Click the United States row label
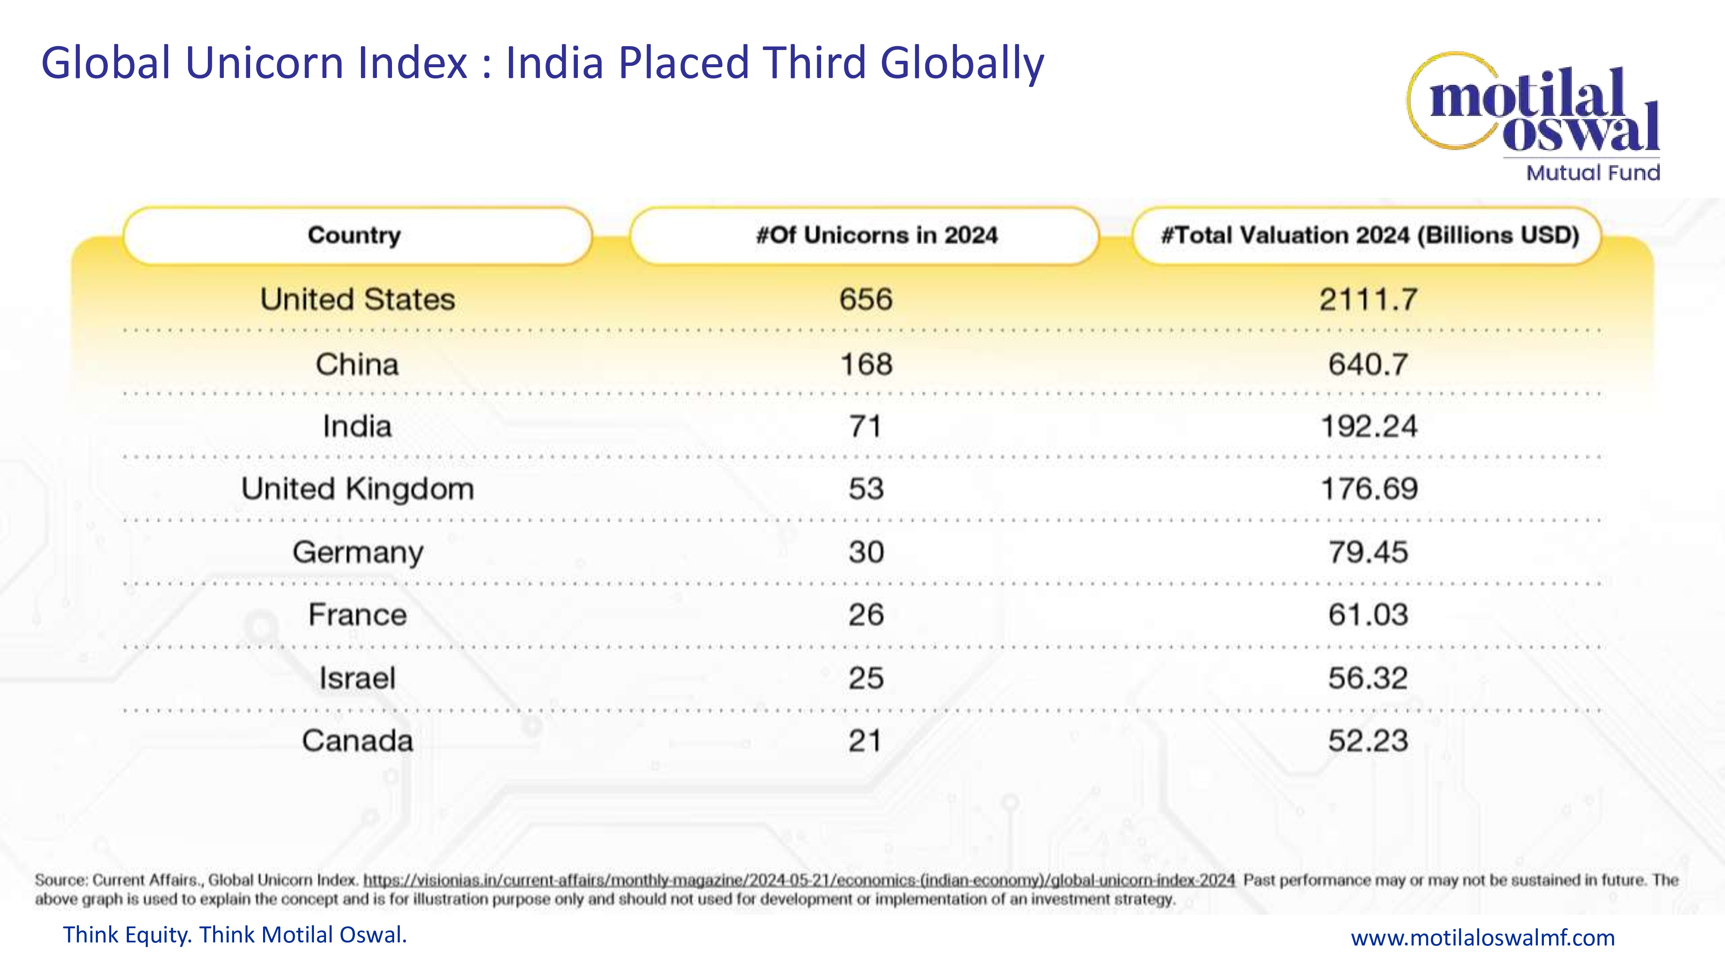[358, 299]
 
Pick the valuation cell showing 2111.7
[1368, 299]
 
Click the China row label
[357, 365]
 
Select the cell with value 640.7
[1368, 365]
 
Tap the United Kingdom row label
[358, 489]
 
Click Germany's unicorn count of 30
[866, 552]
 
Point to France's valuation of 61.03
[1368, 614]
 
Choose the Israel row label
[357, 678]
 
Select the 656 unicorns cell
[866, 299]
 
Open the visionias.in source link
[799, 879]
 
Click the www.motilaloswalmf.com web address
[1483, 937]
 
